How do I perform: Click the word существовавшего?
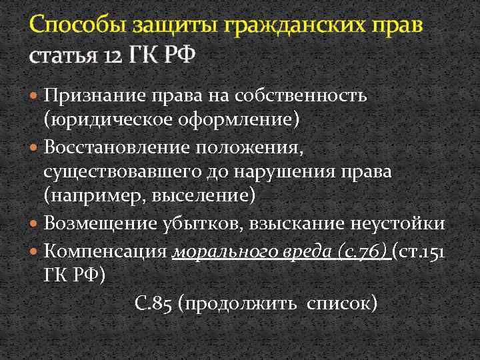point(127,171)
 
